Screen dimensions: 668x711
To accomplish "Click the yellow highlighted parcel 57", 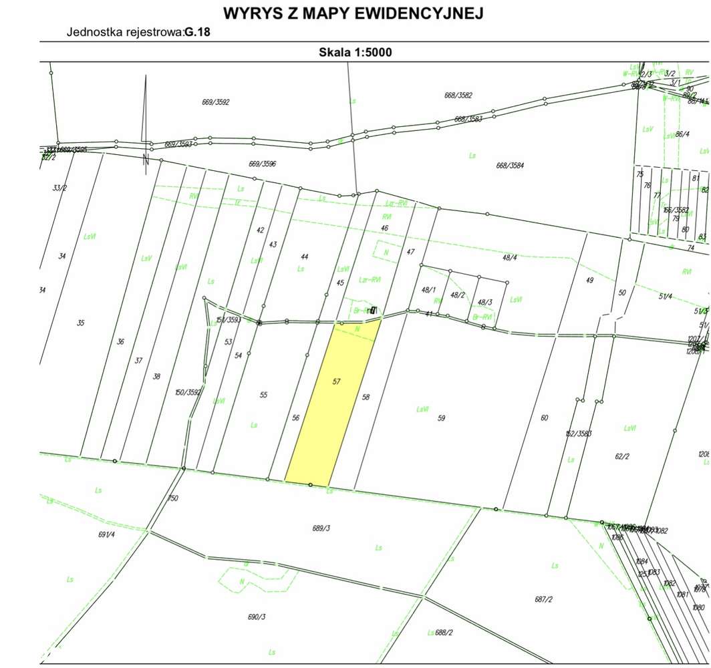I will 331,401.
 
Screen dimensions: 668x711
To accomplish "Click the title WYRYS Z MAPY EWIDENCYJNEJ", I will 353,13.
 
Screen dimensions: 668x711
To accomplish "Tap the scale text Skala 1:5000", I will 355,52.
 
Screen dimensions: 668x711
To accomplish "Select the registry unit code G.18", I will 198,32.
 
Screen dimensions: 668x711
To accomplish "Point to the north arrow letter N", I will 146,159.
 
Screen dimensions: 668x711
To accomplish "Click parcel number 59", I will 441,418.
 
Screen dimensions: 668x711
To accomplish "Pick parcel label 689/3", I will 321,528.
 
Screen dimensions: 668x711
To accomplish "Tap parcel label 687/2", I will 544,599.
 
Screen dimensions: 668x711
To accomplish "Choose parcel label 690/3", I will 257,617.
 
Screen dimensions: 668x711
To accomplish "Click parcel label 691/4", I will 107,534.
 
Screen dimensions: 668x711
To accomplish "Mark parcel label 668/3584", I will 510,165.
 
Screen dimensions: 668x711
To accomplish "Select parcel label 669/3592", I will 215,102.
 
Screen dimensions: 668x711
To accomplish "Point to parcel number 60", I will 544,418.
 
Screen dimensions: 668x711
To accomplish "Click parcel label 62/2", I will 621,457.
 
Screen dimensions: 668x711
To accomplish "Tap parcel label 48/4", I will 510,257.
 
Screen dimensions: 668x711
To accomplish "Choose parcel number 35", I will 81,323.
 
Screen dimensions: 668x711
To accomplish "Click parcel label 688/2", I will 444,633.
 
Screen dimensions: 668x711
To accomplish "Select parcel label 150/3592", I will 188,393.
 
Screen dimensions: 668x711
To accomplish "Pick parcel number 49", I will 589,281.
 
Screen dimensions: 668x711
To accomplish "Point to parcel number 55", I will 263,395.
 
